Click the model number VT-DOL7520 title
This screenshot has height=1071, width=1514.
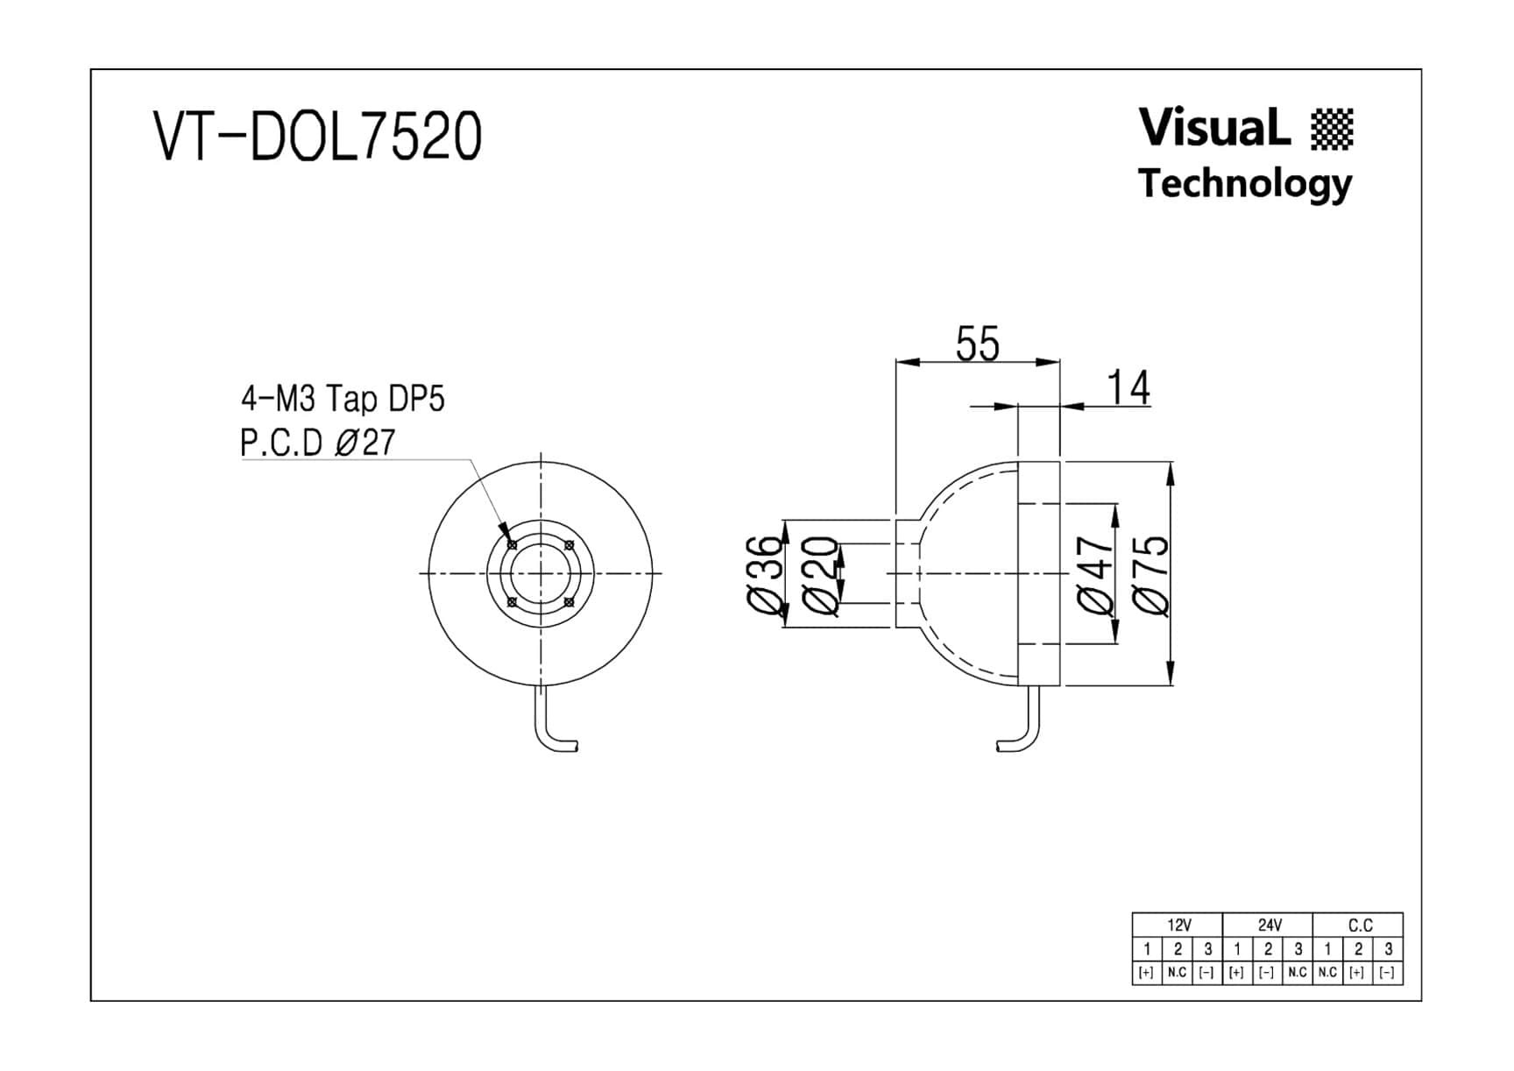coord(317,136)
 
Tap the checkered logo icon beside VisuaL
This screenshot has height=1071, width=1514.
coord(1333,130)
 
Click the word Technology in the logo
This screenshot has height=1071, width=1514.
coord(1245,184)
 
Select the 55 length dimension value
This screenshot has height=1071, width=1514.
coord(977,344)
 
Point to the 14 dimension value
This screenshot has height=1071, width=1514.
coord(1128,387)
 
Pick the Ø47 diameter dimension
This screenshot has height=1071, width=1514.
coord(1095,575)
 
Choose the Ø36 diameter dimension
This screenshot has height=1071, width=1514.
coord(764,575)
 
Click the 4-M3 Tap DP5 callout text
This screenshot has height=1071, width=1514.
coord(343,399)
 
